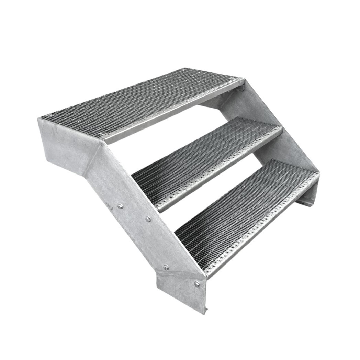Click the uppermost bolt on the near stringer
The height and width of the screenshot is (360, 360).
[120, 206]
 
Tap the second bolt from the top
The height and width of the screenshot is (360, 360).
[148, 219]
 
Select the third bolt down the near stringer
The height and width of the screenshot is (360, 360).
[166, 267]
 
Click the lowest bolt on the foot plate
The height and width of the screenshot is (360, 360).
[197, 284]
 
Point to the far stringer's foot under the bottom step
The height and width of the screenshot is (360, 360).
[306, 199]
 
